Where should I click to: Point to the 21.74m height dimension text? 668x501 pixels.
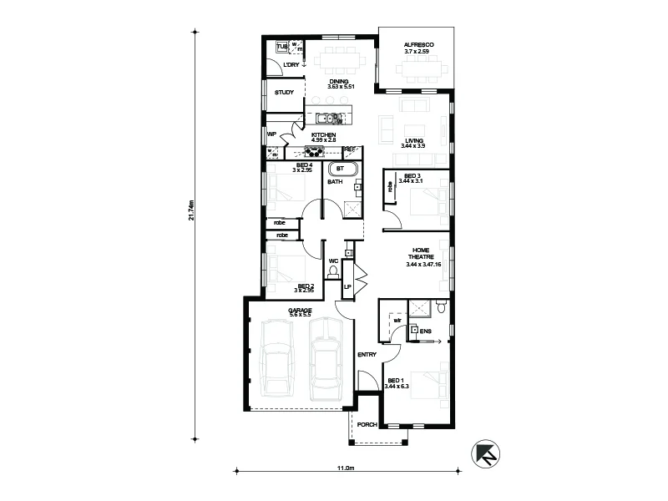tap(191, 210)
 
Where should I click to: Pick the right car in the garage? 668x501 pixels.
tap(326, 357)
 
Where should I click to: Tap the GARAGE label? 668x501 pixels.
tap(300, 310)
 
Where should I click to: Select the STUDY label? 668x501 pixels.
tap(284, 93)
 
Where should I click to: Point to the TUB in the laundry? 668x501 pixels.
tap(281, 47)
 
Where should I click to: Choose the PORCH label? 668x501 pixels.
tap(367, 425)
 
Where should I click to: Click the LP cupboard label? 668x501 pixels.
tap(347, 287)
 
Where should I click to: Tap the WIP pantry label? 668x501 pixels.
tap(271, 134)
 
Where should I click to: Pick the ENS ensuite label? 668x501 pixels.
tap(426, 331)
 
